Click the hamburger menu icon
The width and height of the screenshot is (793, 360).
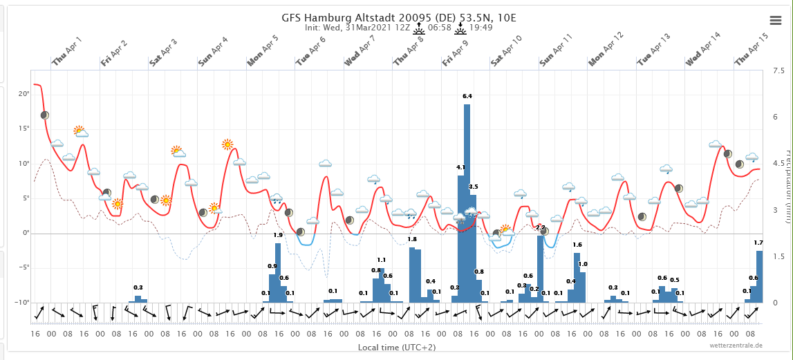pos(776,20)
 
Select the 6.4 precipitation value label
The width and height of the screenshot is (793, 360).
pos(467,96)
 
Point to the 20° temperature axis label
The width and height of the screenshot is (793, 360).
pos(24,94)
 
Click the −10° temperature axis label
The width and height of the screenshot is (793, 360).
pos(22,303)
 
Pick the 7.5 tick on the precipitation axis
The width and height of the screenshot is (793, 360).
pos(778,71)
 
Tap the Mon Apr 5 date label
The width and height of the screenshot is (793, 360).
pos(263,50)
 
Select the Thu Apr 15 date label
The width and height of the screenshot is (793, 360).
pos(752,50)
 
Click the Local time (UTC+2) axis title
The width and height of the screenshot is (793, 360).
pos(396,347)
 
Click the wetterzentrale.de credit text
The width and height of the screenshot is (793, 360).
pos(736,345)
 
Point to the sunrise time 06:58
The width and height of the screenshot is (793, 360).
pos(440,28)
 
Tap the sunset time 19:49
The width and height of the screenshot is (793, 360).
pos(481,28)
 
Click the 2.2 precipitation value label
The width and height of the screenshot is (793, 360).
pos(541,227)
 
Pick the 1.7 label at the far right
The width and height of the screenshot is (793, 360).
pos(758,243)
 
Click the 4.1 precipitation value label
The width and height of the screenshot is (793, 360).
pos(460,167)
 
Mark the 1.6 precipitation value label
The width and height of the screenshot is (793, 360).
pos(577,245)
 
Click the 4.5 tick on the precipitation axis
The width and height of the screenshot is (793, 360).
pos(778,164)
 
